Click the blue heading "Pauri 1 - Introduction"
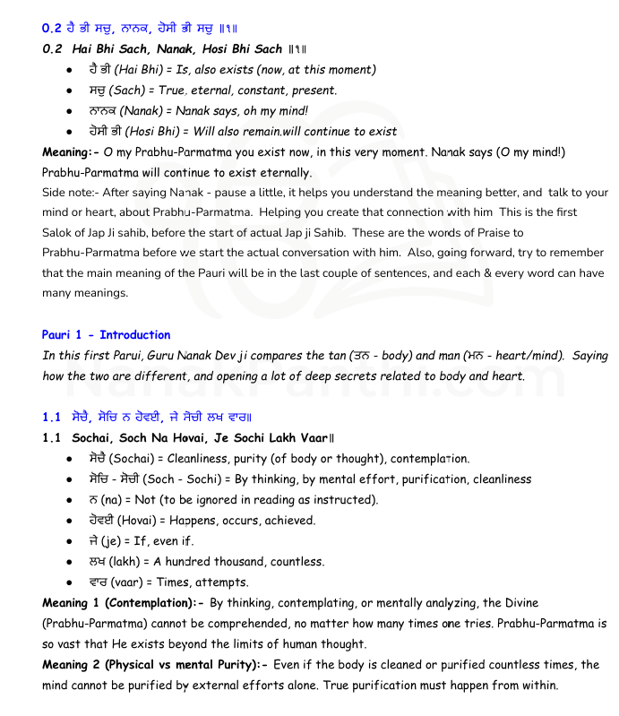pos(106,335)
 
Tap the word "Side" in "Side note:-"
pos(56,193)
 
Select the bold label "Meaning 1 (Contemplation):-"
pos(122,603)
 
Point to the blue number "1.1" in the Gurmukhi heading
pos(51,417)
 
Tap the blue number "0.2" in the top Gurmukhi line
pos(51,28)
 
